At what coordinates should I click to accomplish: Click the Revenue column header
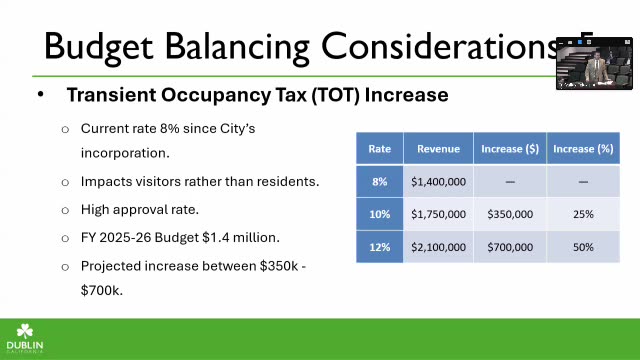pyautogui.click(x=438, y=149)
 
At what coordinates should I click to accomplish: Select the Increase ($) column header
pyautogui.click(x=510, y=149)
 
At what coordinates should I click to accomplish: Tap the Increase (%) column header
pyautogui.click(x=583, y=149)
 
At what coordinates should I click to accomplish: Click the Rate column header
pyautogui.click(x=380, y=149)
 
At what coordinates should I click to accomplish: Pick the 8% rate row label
pyautogui.click(x=380, y=182)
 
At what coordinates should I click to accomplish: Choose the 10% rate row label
pyautogui.click(x=380, y=214)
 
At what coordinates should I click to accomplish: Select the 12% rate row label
pyautogui.click(x=380, y=247)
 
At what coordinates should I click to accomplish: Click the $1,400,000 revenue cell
pyautogui.click(x=438, y=182)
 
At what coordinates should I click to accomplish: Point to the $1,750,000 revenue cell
pyautogui.click(x=438, y=214)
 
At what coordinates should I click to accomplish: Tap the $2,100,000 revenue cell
pyautogui.click(x=438, y=247)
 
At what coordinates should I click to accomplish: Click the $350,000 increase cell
pyautogui.click(x=510, y=214)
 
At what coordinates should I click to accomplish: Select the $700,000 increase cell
pyautogui.click(x=510, y=247)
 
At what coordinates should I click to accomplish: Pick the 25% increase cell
pyautogui.click(x=583, y=214)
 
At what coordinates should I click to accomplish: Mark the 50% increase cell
pyautogui.click(x=583, y=247)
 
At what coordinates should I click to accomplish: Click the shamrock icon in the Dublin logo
pyautogui.click(x=24, y=331)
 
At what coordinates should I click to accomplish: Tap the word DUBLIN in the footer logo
pyautogui.click(x=25, y=345)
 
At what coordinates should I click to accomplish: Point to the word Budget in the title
pyautogui.click(x=98, y=47)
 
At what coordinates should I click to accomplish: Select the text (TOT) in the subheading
pyautogui.click(x=336, y=95)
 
